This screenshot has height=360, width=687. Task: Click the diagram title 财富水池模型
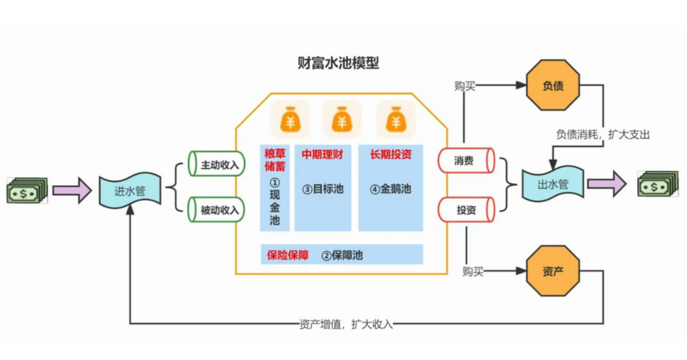[338, 63]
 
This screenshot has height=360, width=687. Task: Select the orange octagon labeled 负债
[552, 86]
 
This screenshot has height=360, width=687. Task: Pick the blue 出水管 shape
[552, 184]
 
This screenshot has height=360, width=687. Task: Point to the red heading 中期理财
[322, 154]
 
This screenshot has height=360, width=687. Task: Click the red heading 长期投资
[390, 154]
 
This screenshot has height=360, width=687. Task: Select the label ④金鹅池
[390, 188]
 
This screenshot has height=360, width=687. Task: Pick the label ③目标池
[323, 188]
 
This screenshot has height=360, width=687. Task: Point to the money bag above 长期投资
[396, 119]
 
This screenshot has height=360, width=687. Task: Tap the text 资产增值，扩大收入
[346, 324]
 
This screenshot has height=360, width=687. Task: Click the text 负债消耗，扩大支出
[602, 134]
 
